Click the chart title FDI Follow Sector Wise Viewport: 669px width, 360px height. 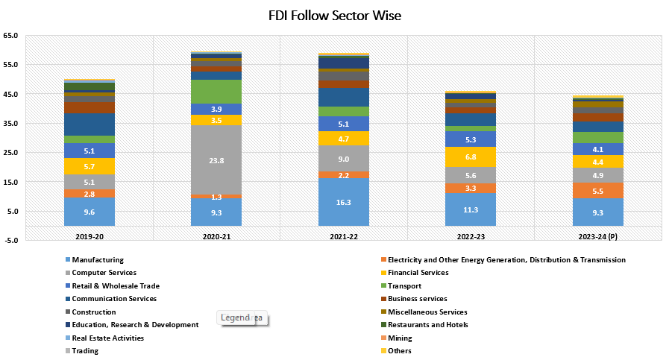(334, 16)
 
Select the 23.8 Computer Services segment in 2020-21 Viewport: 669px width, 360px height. (216, 160)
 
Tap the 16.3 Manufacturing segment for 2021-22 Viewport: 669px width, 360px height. (343, 202)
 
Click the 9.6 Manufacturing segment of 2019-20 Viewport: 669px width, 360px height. (89, 212)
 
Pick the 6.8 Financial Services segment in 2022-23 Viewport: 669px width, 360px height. (470, 157)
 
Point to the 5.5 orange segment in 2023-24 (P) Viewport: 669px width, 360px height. (597, 191)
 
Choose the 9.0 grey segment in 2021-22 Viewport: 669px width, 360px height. (343, 158)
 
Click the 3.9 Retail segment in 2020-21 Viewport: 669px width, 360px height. (216, 110)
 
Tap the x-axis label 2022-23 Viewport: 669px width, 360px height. (470, 236)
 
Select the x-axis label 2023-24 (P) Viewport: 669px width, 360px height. (597, 236)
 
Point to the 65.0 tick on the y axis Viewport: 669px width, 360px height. (12, 36)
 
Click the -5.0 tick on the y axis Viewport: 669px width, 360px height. (12, 241)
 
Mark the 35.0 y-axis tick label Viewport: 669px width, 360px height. (12, 124)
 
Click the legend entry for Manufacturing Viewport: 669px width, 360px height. (98, 260)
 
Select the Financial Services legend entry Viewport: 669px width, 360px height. (422, 273)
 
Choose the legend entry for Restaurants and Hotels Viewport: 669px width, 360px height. (434, 325)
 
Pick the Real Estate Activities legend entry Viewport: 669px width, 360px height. (107, 338)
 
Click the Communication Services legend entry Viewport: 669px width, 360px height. (113, 299)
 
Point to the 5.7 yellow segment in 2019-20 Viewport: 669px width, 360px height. (89, 166)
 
